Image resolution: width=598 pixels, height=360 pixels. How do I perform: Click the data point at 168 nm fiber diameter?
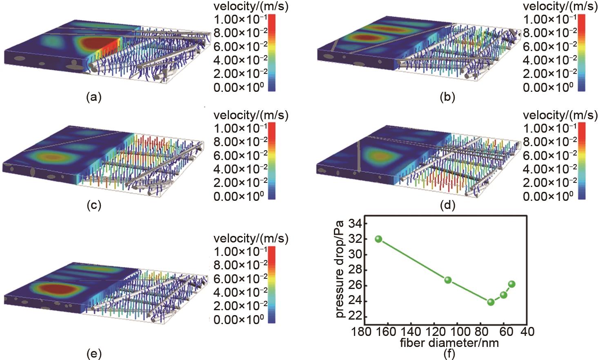pyautogui.click(x=378, y=239)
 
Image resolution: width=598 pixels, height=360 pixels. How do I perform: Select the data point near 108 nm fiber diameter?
pyautogui.click(x=448, y=280)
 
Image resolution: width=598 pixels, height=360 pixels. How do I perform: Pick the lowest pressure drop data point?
pyautogui.click(x=491, y=302)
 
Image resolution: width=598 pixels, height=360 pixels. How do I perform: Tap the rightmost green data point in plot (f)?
pyautogui.click(x=511, y=284)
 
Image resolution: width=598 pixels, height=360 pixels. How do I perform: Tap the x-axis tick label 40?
pyautogui.click(x=527, y=331)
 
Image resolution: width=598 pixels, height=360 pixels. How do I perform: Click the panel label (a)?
pyautogui.click(x=94, y=97)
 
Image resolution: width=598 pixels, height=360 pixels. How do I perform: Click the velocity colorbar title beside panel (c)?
pyautogui.click(x=251, y=116)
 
